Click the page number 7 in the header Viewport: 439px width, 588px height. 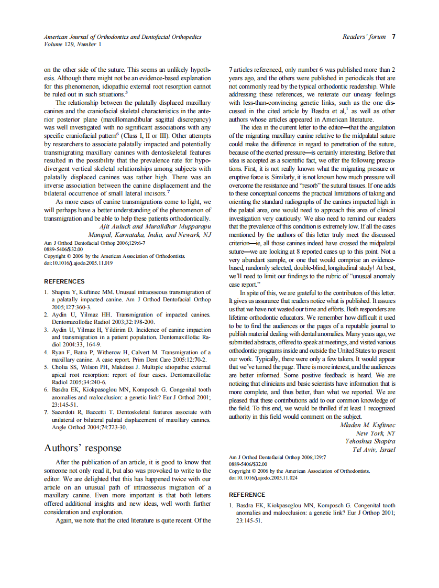click(393, 37)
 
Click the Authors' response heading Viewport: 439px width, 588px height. click(82, 448)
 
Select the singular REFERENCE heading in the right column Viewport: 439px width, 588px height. click(247, 495)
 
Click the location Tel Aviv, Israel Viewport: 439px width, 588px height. click(374, 450)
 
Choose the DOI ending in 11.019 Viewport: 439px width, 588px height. click(78, 263)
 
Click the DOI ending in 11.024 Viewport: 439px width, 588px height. click(263, 478)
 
